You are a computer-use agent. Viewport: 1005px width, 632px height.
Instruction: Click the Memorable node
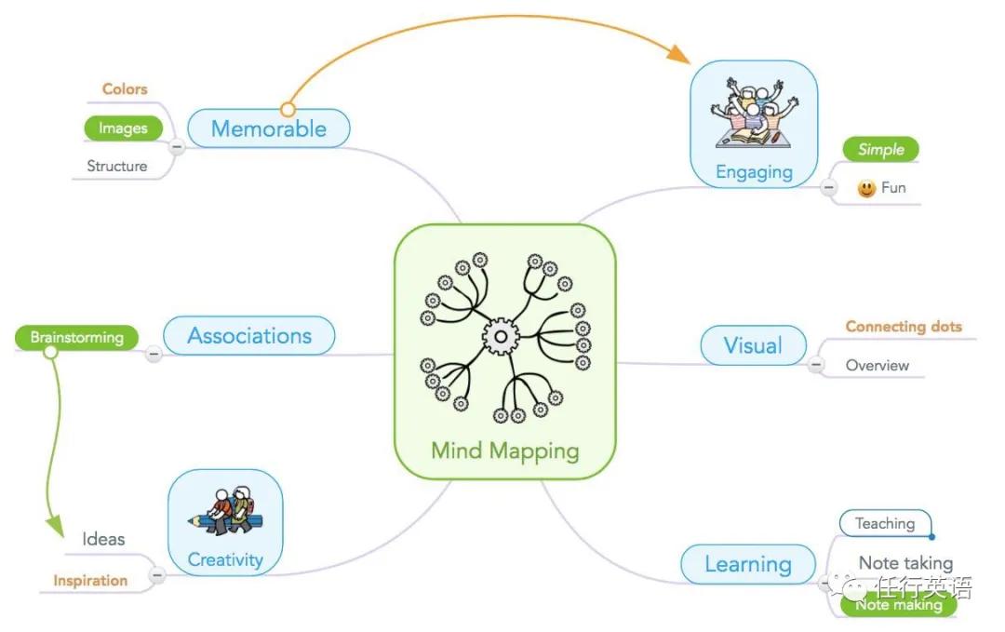click(269, 128)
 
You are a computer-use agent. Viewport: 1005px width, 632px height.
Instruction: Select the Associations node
click(249, 335)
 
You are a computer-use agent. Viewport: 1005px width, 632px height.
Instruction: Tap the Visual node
click(753, 344)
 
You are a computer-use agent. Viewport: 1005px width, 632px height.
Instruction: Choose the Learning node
click(748, 564)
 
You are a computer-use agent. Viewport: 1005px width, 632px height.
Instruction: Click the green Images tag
click(123, 128)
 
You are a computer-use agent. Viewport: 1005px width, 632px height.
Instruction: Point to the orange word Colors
click(125, 89)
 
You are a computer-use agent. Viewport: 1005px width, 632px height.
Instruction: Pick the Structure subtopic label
click(117, 166)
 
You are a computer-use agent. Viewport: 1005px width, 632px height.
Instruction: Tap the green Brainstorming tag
click(77, 337)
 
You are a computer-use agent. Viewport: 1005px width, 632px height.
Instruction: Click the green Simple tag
click(880, 149)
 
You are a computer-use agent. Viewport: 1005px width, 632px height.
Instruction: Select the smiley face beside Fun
click(866, 188)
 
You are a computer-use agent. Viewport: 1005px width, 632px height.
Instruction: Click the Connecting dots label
click(904, 327)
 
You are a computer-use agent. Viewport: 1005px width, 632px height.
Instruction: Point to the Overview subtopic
click(877, 366)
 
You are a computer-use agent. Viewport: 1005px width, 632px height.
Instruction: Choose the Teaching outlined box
click(885, 523)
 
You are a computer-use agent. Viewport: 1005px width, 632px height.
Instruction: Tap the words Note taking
click(905, 563)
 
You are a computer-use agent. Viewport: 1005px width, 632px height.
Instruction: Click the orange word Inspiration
click(90, 581)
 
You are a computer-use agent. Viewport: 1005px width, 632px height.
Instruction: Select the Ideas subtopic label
click(103, 539)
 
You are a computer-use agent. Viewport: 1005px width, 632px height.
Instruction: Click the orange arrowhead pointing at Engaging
click(678, 54)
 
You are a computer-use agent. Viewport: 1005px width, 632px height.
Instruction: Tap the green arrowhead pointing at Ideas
click(55, 526)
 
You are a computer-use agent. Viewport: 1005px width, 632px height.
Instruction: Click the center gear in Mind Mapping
click(501, 337)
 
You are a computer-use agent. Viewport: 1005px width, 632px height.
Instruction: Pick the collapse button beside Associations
click(154, 354)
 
